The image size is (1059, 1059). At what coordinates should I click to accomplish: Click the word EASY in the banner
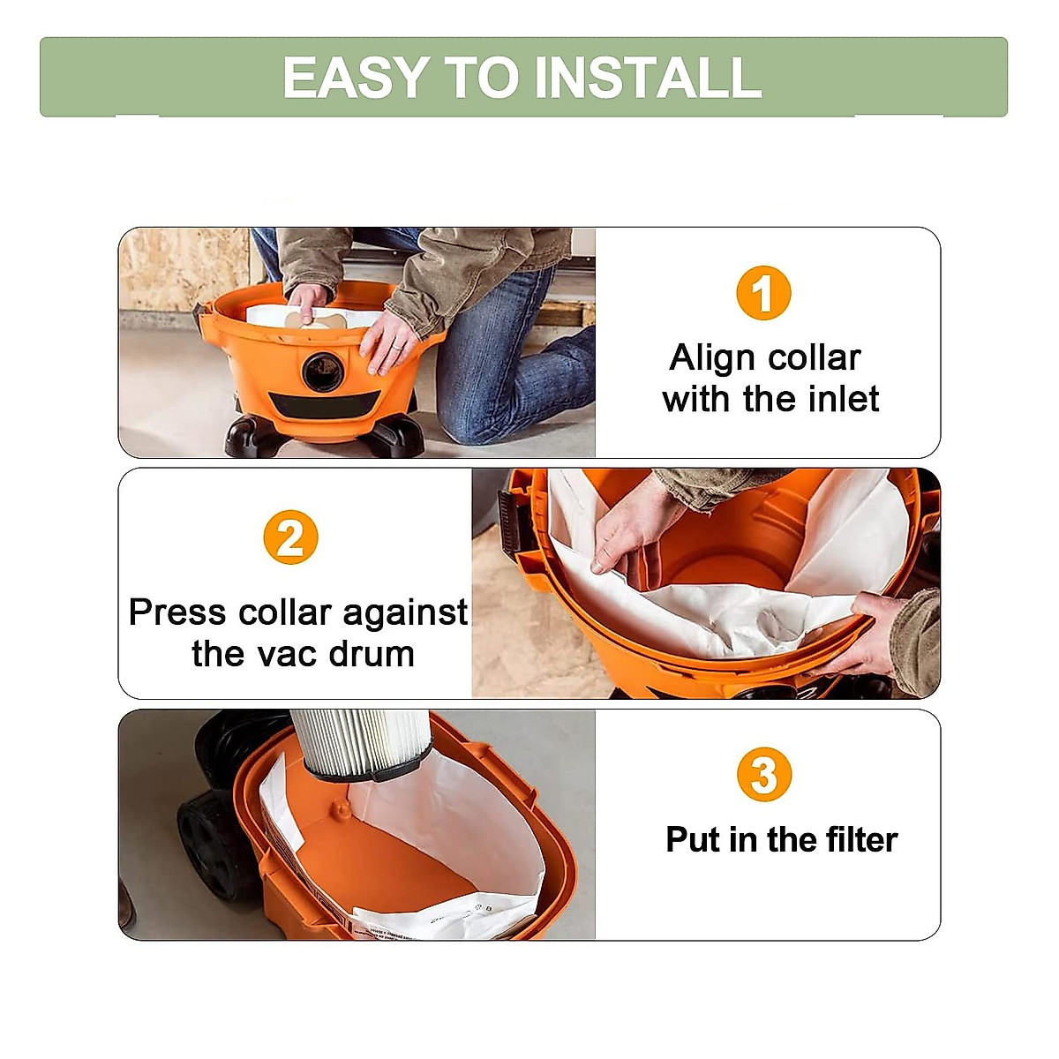[356, 78]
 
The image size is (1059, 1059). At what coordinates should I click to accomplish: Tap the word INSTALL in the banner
[648, 78]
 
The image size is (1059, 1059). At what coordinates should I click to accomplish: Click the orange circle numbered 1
[763, 293]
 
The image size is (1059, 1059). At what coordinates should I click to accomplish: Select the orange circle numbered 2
[289, 537]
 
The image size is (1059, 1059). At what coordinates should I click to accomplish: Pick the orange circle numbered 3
[763, 775]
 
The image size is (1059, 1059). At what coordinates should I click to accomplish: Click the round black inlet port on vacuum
[322, 372]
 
